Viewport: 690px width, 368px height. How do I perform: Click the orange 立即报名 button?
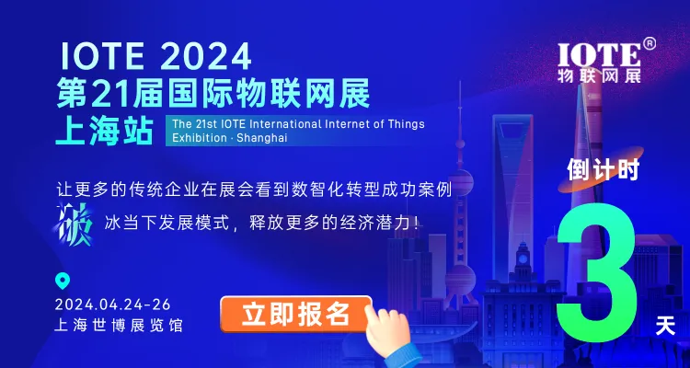[295, 315]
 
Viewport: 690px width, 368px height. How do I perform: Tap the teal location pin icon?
[62, 282]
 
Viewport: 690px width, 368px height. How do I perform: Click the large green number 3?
[597, 278]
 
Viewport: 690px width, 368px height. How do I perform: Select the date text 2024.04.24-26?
[113, 305]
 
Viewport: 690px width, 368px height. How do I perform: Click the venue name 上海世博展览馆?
[119, 327]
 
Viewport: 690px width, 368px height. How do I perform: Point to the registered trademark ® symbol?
[650, 43]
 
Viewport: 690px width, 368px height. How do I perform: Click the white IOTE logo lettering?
[599, 55]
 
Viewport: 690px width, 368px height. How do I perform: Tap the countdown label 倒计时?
[603, 170]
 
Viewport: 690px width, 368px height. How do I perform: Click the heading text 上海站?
[104, 131]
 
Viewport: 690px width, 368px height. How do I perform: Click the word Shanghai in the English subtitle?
[261, 138]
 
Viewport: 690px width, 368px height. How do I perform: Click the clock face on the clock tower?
[523, 258]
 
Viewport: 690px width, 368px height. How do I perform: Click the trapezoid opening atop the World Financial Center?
[512, 132]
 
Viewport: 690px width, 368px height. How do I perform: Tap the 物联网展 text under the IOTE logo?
[599, 75]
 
